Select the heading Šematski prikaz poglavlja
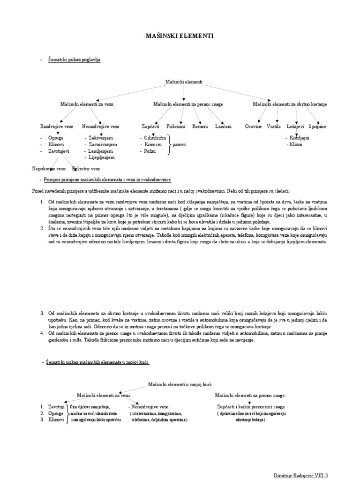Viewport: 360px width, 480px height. (74, 60)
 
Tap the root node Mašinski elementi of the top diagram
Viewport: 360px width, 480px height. (184, 82)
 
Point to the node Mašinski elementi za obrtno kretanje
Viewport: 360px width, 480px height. (290, 104)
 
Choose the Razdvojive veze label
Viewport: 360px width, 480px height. (56, 127)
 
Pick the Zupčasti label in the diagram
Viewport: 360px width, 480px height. (150, 127)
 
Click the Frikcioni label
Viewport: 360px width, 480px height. (176, 127)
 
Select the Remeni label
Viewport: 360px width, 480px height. (200, 127)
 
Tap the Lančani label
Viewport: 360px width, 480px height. (223, 127)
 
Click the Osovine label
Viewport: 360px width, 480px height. (253, 127)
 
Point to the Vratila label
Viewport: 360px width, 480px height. (274, 127)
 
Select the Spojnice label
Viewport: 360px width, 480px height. (318, 127)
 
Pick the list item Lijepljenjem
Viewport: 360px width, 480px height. (101, 158)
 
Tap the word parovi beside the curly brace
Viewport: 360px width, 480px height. (180, 145)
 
